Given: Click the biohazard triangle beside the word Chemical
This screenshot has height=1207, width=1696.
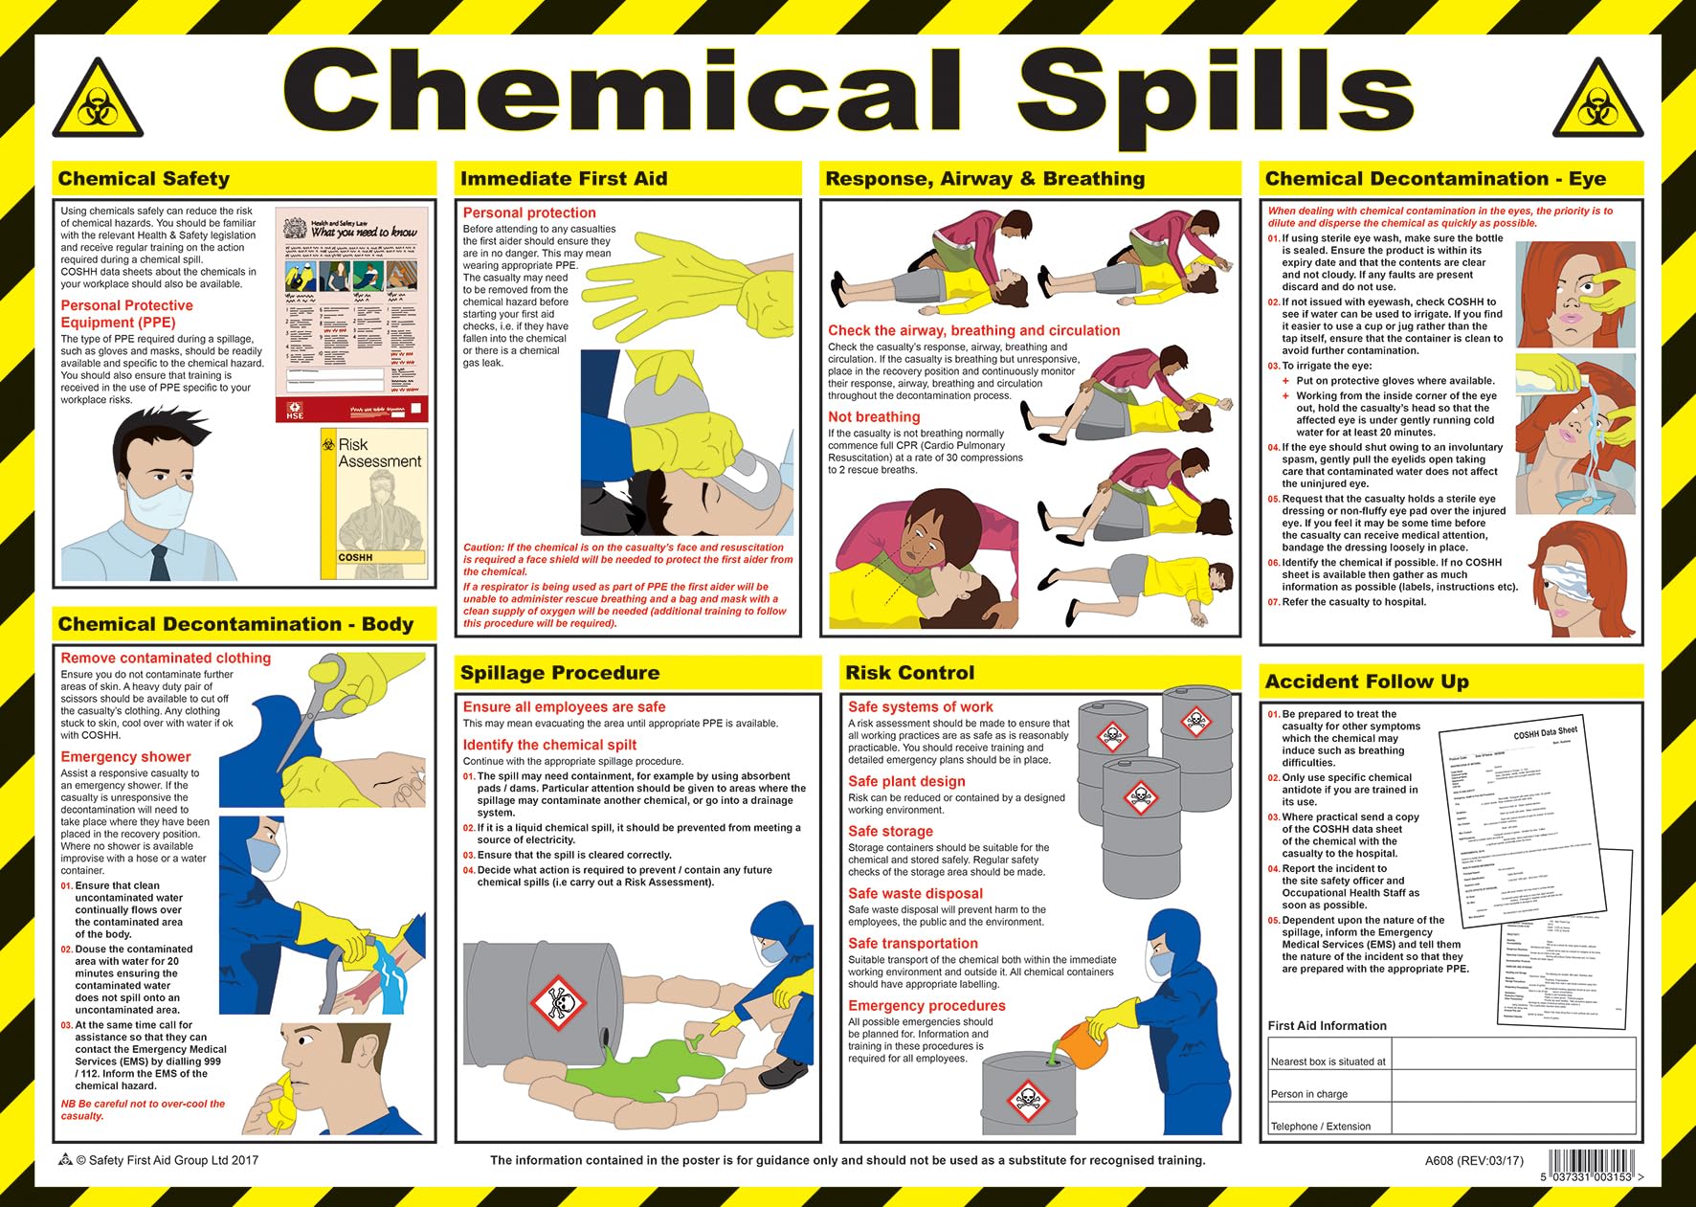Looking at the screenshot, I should [x=97, y=101].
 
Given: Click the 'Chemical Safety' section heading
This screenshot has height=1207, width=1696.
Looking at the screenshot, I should [x=144, y=179].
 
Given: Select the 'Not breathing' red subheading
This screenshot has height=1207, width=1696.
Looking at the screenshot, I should [x=874, y=417].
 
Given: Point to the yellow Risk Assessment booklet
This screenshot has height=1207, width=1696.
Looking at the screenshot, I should [x=373, y=503].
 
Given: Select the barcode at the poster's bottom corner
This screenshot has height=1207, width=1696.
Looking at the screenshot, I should [x=1591, y=1166].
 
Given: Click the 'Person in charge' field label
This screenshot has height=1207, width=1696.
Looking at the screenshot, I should [x=1308, y=1094].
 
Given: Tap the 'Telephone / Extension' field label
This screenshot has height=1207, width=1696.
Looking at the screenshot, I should [x=1320, y=1127].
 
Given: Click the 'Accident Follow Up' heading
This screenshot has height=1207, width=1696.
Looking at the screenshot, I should [x=1366, y=682].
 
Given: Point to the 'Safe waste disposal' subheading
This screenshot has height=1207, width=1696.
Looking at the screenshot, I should [x=915, y=894].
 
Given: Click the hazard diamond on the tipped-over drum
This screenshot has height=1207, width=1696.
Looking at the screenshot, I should [x=558, y=1002].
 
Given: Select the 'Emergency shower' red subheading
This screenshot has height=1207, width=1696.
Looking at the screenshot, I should [x=125, y=757].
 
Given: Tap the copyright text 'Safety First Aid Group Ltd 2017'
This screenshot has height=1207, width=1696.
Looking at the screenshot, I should [x=167, y=1160].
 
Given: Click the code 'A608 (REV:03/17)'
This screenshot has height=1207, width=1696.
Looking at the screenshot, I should [x=1473, y=1161].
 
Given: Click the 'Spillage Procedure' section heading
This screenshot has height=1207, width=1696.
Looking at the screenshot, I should [x=560, y=673].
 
